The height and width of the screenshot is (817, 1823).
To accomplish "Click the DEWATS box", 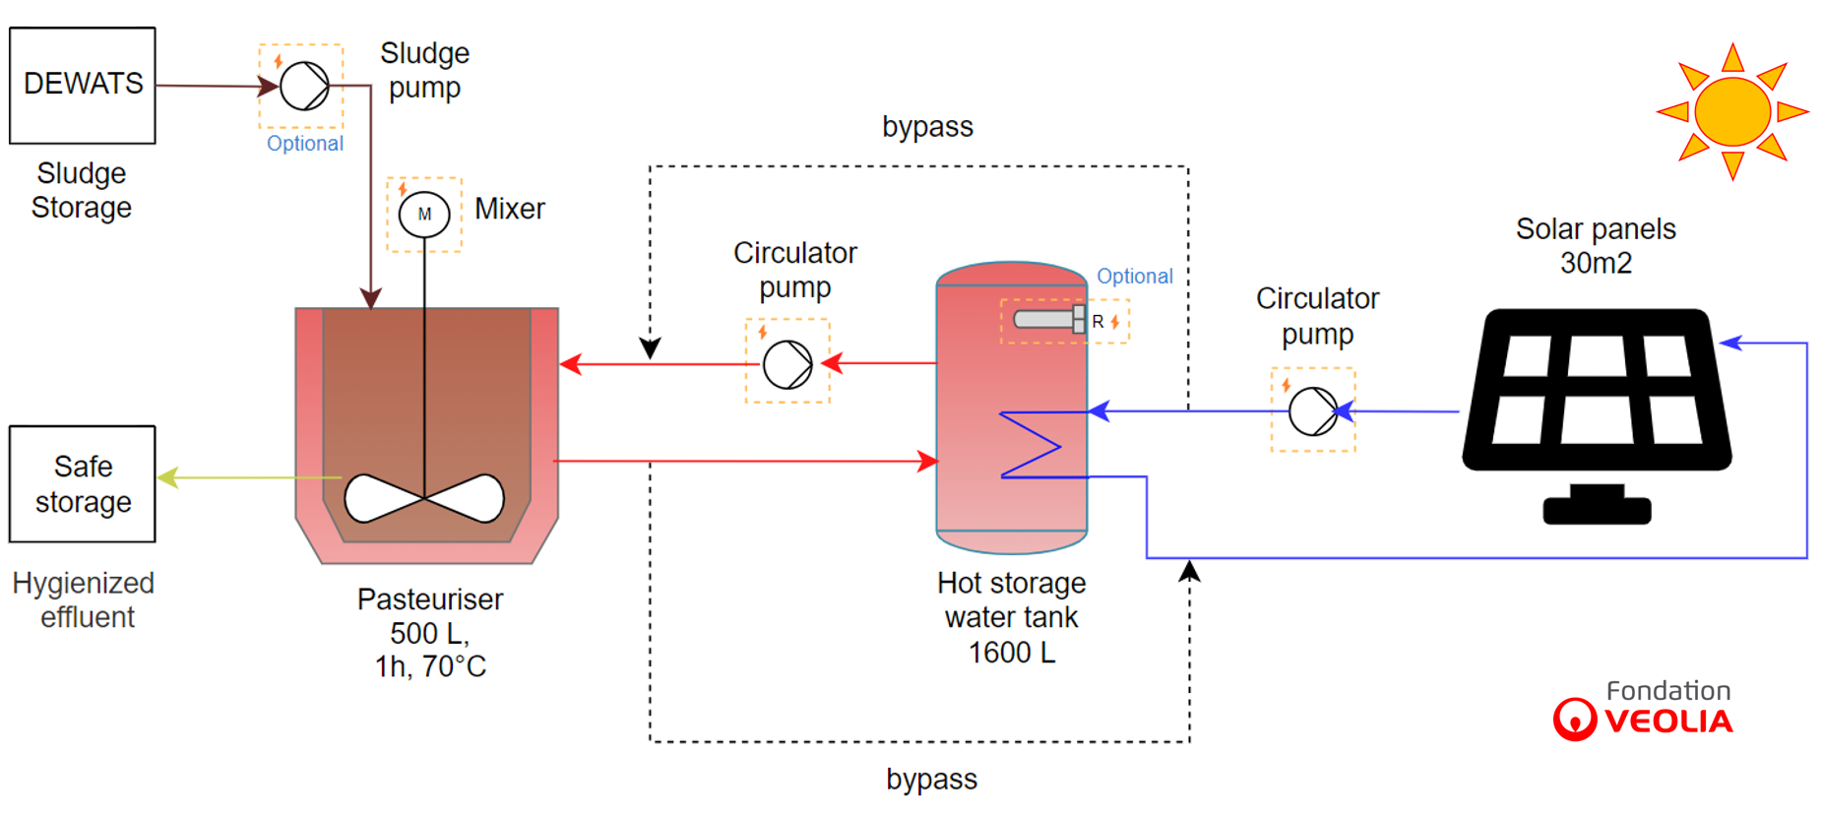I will tap(83, 86).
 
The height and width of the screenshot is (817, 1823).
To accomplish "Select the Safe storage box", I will tap(83, 483).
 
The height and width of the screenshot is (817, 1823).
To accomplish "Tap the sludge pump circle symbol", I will tap(304, 86).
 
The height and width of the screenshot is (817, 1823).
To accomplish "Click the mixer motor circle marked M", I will tap(424, 214).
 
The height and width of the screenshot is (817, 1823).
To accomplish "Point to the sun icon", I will tap(1732, 111).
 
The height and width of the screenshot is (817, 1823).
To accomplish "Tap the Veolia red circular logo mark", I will tap(1574, 719).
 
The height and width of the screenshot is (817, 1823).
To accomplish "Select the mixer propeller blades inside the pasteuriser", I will tap(424, 498).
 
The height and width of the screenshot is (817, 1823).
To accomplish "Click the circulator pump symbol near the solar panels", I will tap(1312, 410).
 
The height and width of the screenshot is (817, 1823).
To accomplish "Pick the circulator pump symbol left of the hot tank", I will tap(787, 364).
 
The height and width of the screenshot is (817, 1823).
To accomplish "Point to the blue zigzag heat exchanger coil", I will tap(1032, 445).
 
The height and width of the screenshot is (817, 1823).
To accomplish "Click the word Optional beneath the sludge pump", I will tap(305, 144).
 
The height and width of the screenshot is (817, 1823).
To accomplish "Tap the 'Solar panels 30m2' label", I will tap(1596, 246).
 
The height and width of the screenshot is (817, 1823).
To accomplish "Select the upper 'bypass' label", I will tap(927, 127).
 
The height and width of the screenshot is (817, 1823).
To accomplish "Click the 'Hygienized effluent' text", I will tap(85, 599).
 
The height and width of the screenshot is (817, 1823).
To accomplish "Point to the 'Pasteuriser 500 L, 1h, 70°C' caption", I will tap(430, 633).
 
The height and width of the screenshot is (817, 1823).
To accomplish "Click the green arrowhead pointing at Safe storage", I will tap(167, 477).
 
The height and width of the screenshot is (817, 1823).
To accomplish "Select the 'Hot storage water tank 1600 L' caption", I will tap(1012, 617).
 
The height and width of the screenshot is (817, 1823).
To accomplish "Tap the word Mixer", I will tap(510, 209).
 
